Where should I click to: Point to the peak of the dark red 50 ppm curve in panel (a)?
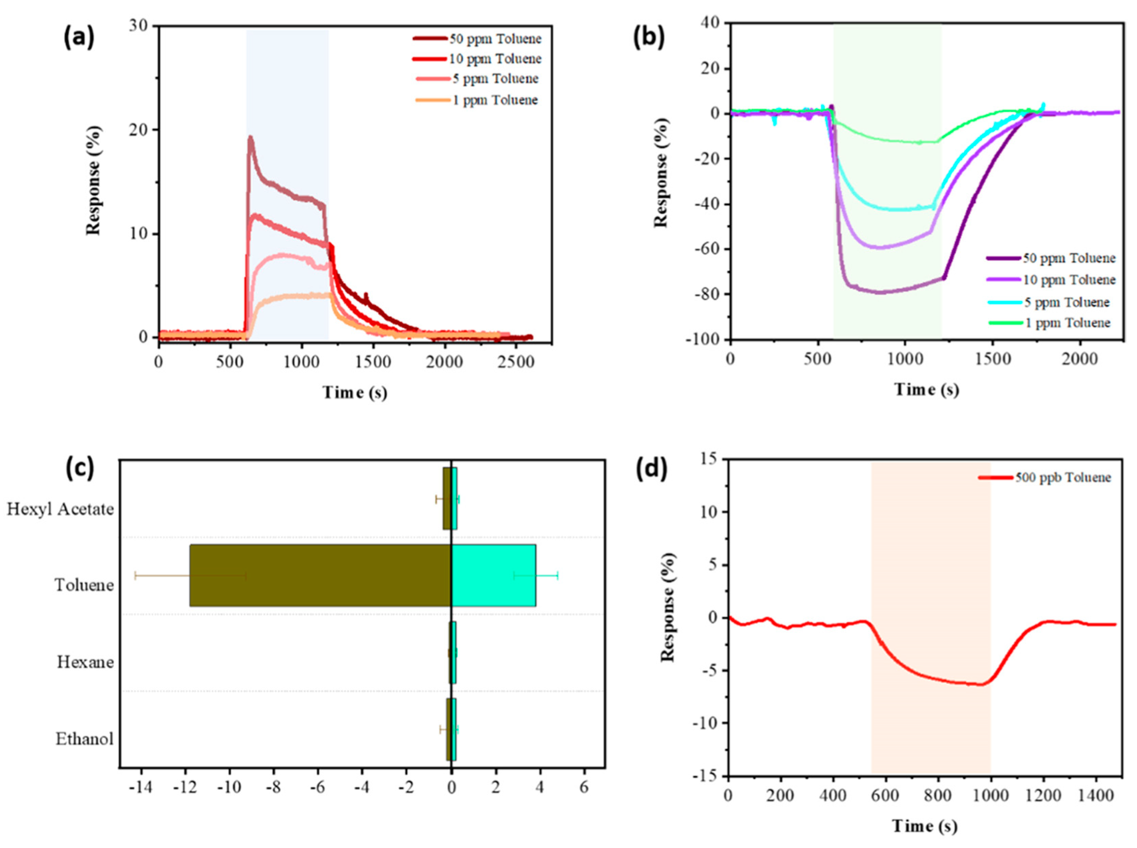[x=250, y=137]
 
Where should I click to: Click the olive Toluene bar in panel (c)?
[x=320, y=575]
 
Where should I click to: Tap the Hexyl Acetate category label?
[x=60, y=509]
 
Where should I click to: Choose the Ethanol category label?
[x=84, y=739]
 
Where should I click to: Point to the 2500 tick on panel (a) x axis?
[x=515, y=362]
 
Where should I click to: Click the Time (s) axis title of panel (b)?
[x=926, y=390]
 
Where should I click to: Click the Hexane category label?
[x=85, y=662]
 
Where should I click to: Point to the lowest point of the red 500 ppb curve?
[x=980, y=685]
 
